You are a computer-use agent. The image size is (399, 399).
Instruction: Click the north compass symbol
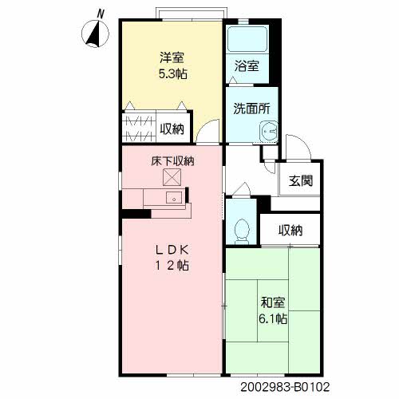[x=95, y=34]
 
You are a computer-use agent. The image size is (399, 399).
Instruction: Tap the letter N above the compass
[x=101, y=14]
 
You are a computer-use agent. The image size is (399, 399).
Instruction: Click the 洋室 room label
[x=172, y=57]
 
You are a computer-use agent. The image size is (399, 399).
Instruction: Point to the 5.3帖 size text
[x=173, y=73]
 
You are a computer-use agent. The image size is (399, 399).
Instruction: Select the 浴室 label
[x=247, y=65]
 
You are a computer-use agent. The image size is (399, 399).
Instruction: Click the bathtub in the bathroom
[x=247, y=39]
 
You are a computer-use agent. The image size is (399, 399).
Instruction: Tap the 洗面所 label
[x=251, y=109]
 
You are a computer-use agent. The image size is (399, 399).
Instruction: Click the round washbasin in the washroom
[x=269, y=132]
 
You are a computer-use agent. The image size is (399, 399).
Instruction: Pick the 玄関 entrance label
[x=301, y=181]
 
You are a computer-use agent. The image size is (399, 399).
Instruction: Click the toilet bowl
[x=242, y=231]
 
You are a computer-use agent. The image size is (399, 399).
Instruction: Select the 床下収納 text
[x=172, y=161]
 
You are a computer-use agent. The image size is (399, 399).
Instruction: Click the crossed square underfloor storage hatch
[x=172, y=177]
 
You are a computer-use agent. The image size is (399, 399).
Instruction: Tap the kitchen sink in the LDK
[x=174, y=198]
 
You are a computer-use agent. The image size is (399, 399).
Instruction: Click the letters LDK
[x=172, y=250]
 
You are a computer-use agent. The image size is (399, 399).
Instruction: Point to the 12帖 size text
[x=172, y=265]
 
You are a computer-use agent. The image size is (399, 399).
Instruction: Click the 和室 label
[x=273, y=302]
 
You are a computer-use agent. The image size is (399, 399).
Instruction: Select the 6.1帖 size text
[x=273, y=318]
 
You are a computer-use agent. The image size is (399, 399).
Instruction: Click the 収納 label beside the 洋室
[x=172, y=129]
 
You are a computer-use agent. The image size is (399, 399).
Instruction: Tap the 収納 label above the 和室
[x=290, y=230]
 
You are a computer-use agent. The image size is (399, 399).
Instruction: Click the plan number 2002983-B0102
[x=285, y=387]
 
